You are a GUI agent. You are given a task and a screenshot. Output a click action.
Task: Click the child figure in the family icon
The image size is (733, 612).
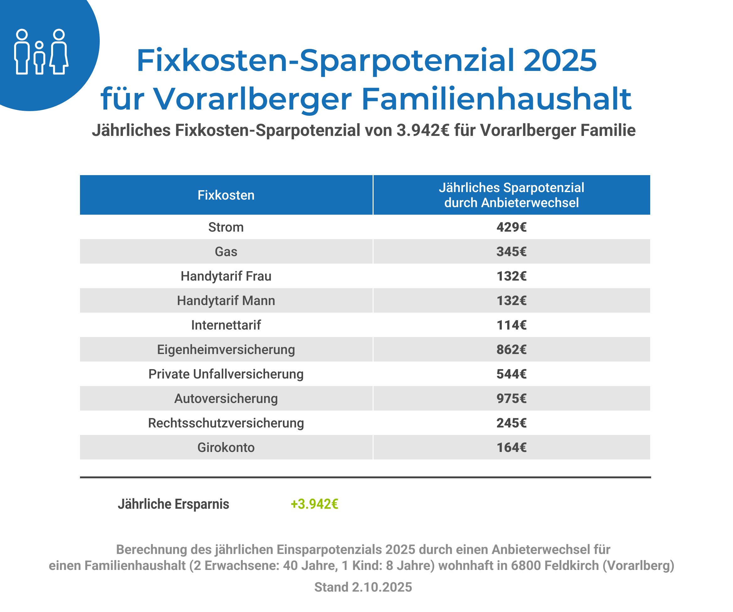(40, 58)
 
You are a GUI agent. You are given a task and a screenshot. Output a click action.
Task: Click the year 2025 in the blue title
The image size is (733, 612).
(560, 60)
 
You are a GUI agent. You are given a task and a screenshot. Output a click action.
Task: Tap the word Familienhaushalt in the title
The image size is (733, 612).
(496, 99)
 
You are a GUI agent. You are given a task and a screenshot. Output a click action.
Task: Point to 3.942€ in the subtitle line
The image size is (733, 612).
(422, 131)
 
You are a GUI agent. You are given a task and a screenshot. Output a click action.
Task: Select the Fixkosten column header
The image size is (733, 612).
(226, 195)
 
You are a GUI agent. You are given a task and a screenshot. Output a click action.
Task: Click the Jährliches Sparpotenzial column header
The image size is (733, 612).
(511, 195)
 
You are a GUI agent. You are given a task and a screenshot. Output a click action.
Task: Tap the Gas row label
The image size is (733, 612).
(226, 252)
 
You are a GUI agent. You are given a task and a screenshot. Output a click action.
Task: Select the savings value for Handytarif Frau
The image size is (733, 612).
(511, 276)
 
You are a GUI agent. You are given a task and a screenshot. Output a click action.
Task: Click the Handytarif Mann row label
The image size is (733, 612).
(226, 301)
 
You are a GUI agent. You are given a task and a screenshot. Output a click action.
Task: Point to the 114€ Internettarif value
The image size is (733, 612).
(511, 325)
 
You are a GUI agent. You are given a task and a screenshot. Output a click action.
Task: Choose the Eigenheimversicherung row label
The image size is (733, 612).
(226, 350)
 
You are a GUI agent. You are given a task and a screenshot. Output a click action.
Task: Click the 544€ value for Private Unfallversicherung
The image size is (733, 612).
(511, 374)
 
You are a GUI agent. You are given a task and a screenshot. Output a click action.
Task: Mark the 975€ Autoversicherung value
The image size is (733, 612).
(511, 399)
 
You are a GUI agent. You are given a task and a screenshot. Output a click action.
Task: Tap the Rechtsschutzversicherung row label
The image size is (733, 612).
(226, 423)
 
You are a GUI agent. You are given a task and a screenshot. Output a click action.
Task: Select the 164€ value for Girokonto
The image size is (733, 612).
(511, 448)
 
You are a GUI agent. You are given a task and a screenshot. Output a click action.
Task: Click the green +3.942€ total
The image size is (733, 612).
(314, 504)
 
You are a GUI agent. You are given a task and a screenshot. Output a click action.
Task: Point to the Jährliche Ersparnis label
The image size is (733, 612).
(173, 504)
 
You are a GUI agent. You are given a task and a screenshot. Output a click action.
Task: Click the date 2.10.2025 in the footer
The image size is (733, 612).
(381, 587)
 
